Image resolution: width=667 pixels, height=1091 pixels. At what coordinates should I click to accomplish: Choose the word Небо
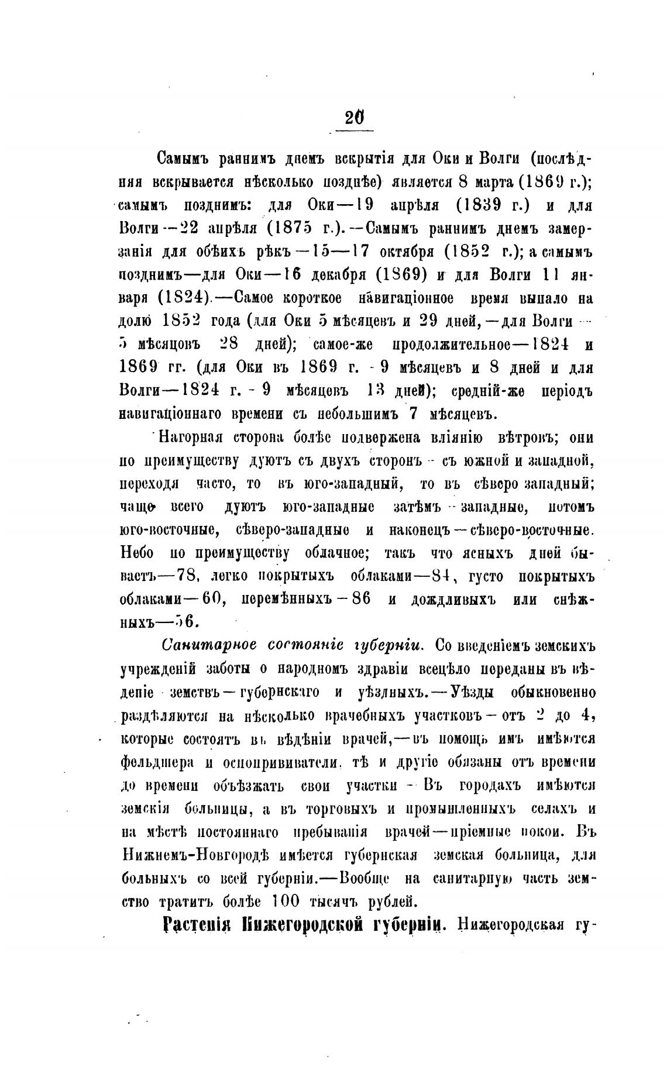pyautogui.click(x=137, y=553)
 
